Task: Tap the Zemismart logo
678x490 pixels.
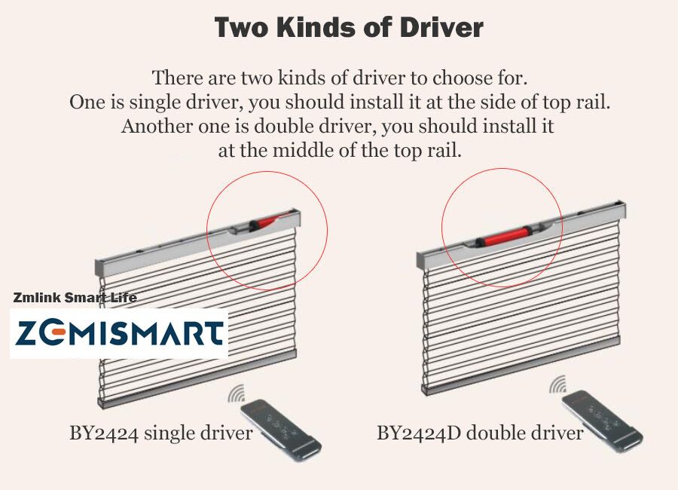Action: tap(119, 333)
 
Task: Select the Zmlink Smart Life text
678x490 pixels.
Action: tap(75, 297)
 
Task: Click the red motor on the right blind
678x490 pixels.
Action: tap(504, 237)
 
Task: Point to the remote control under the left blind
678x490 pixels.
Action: tap(281, 430)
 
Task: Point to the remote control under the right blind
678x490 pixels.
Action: tap(603, 421)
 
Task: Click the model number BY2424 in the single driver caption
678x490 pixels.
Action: tap(104, 433)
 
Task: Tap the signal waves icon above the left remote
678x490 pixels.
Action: tap(236, 393)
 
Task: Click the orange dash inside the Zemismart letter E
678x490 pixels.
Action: tap(58, 332)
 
